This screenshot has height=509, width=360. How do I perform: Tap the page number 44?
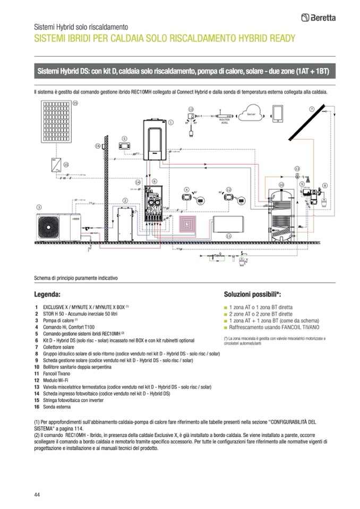pos(37,495)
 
